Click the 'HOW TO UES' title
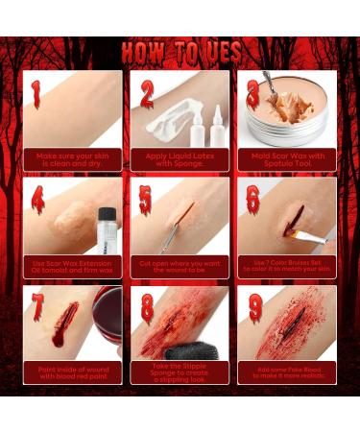point(180,49)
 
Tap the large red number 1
point(36,93)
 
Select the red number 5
point(144,199)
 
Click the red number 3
point(252,92)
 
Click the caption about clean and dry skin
point(72,161)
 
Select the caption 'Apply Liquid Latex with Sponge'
point(180,161)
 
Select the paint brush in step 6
point(312,235)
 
